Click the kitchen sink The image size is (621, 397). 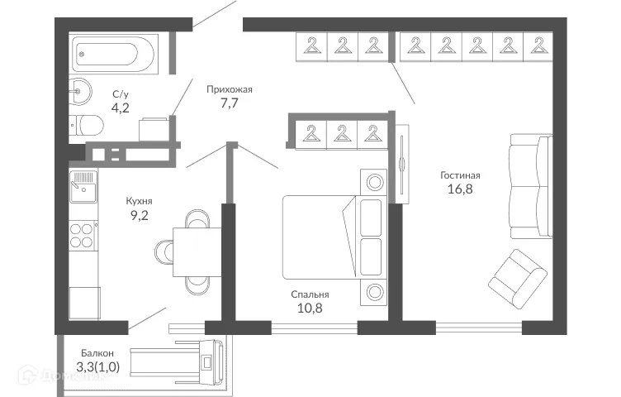(83, 187)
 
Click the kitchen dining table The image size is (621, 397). (197, 251)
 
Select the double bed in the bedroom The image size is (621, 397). (322, 237)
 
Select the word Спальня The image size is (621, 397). (310, 294)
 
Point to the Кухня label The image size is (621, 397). (139, 201)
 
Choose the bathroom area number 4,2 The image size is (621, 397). (121, 108)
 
